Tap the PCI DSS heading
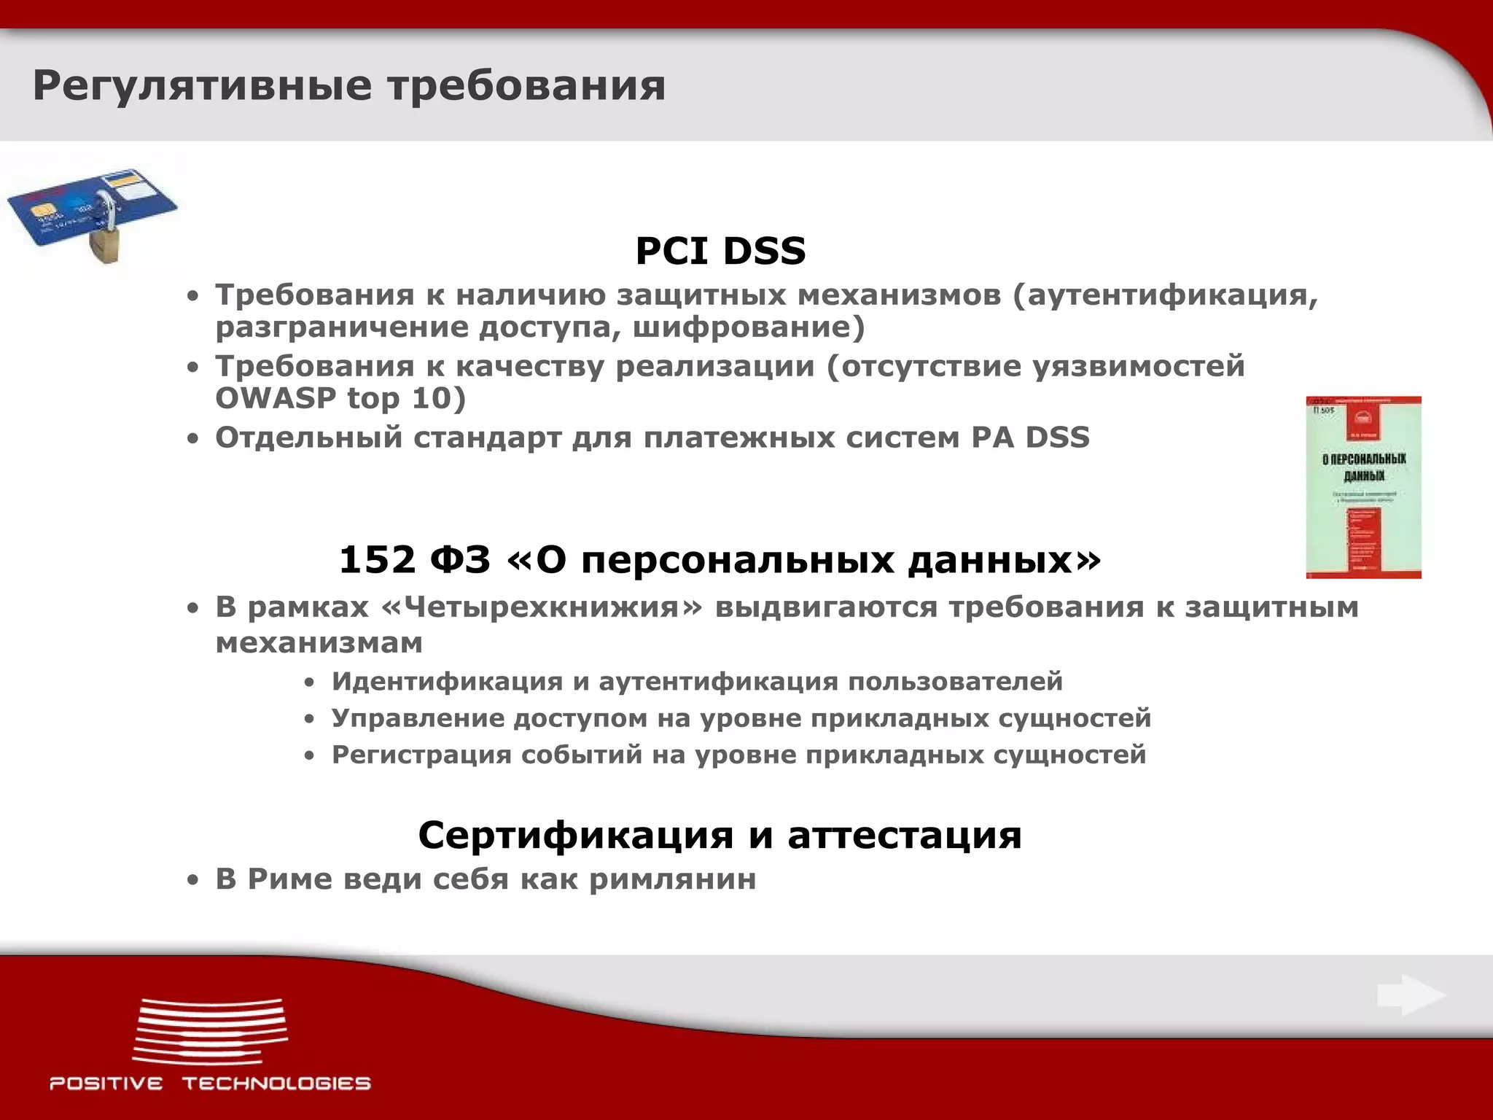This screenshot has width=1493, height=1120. pyautogui.click(x=720, y=251)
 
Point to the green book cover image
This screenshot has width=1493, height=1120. pyautogui.click(x=1363, y=487)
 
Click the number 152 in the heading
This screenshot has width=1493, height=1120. pyautogui.click(x=377, y=560)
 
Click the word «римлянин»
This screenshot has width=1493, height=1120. pyautogui.click(x=672, y=879)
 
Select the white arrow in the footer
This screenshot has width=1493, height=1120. pyautogui.click(x=1411, y=995)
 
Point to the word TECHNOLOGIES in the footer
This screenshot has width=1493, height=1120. pyautogui.click(x=276, y=1084)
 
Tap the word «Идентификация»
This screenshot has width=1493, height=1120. pyautogui.click(x=446, y=681)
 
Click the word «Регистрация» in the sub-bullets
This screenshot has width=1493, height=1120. pyautogui.click(x=421, y=755)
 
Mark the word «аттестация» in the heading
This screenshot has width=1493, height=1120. pyautogui.click(x=905, y=835)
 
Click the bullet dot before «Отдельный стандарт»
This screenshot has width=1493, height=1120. pyautogui.click(x=192, y=439)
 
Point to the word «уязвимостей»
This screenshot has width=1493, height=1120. pyautogui.click(x=1139, y=366)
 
